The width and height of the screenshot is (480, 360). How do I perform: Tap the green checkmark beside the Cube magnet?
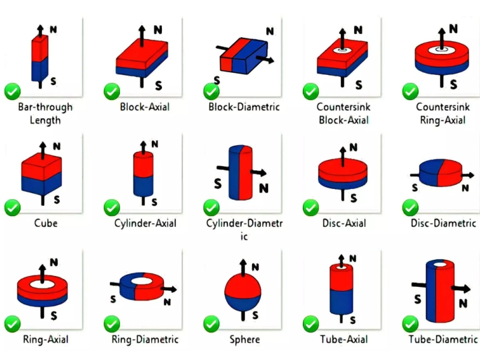click(x=13, y=208)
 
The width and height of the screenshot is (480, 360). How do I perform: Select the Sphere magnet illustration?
click(x=242, y=290)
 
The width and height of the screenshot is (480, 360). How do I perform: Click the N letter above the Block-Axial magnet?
click(x=157, y=29)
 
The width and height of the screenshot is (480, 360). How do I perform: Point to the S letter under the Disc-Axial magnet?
click(x=353, y=197)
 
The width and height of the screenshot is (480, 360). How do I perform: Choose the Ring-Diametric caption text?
click(x=145, y=340)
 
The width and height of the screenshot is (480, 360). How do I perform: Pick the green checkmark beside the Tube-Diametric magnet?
click(x=410, y=323)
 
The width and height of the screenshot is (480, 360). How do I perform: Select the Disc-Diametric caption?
click(x=443, y=223)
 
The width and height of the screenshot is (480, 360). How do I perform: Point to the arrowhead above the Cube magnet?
click(x=43, y=145)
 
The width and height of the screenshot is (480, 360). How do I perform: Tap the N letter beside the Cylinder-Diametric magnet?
click(x=264, y=189)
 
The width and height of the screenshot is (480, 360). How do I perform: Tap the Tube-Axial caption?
click(x=343, y=340)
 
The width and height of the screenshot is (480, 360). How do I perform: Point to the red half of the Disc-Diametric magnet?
click(x=449, y=173)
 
